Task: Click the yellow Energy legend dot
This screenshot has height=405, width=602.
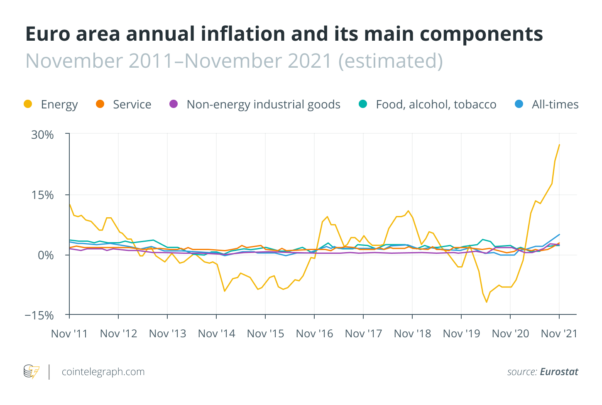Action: coord(28,104)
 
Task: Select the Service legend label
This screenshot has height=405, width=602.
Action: coord(132,104)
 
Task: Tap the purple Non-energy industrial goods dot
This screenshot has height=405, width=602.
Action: coord(174,104)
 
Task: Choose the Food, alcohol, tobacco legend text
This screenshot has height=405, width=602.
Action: coord(436,104)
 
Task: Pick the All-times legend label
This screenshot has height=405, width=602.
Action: coord(555,104)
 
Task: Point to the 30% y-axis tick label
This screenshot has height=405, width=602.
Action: coord(42,135)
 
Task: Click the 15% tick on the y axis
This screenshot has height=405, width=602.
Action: coord(42,195)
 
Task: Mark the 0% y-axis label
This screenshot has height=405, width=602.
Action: coord(46,255)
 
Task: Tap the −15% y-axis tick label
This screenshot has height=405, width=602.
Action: coord(39,315)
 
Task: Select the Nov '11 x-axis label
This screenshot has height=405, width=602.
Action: coord(69,334)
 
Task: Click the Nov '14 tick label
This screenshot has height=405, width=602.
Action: coord(216,334)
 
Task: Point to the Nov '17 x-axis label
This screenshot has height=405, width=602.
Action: coord(363,334)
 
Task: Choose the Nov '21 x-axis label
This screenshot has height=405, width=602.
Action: coord(559,334)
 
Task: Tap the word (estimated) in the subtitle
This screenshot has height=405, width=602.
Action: coord(390,61)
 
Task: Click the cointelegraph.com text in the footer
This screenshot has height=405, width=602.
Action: coord(103,372)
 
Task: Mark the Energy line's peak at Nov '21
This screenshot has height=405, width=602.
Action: coord(559,145)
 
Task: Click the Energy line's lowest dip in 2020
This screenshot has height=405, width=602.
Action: coord(486,302)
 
